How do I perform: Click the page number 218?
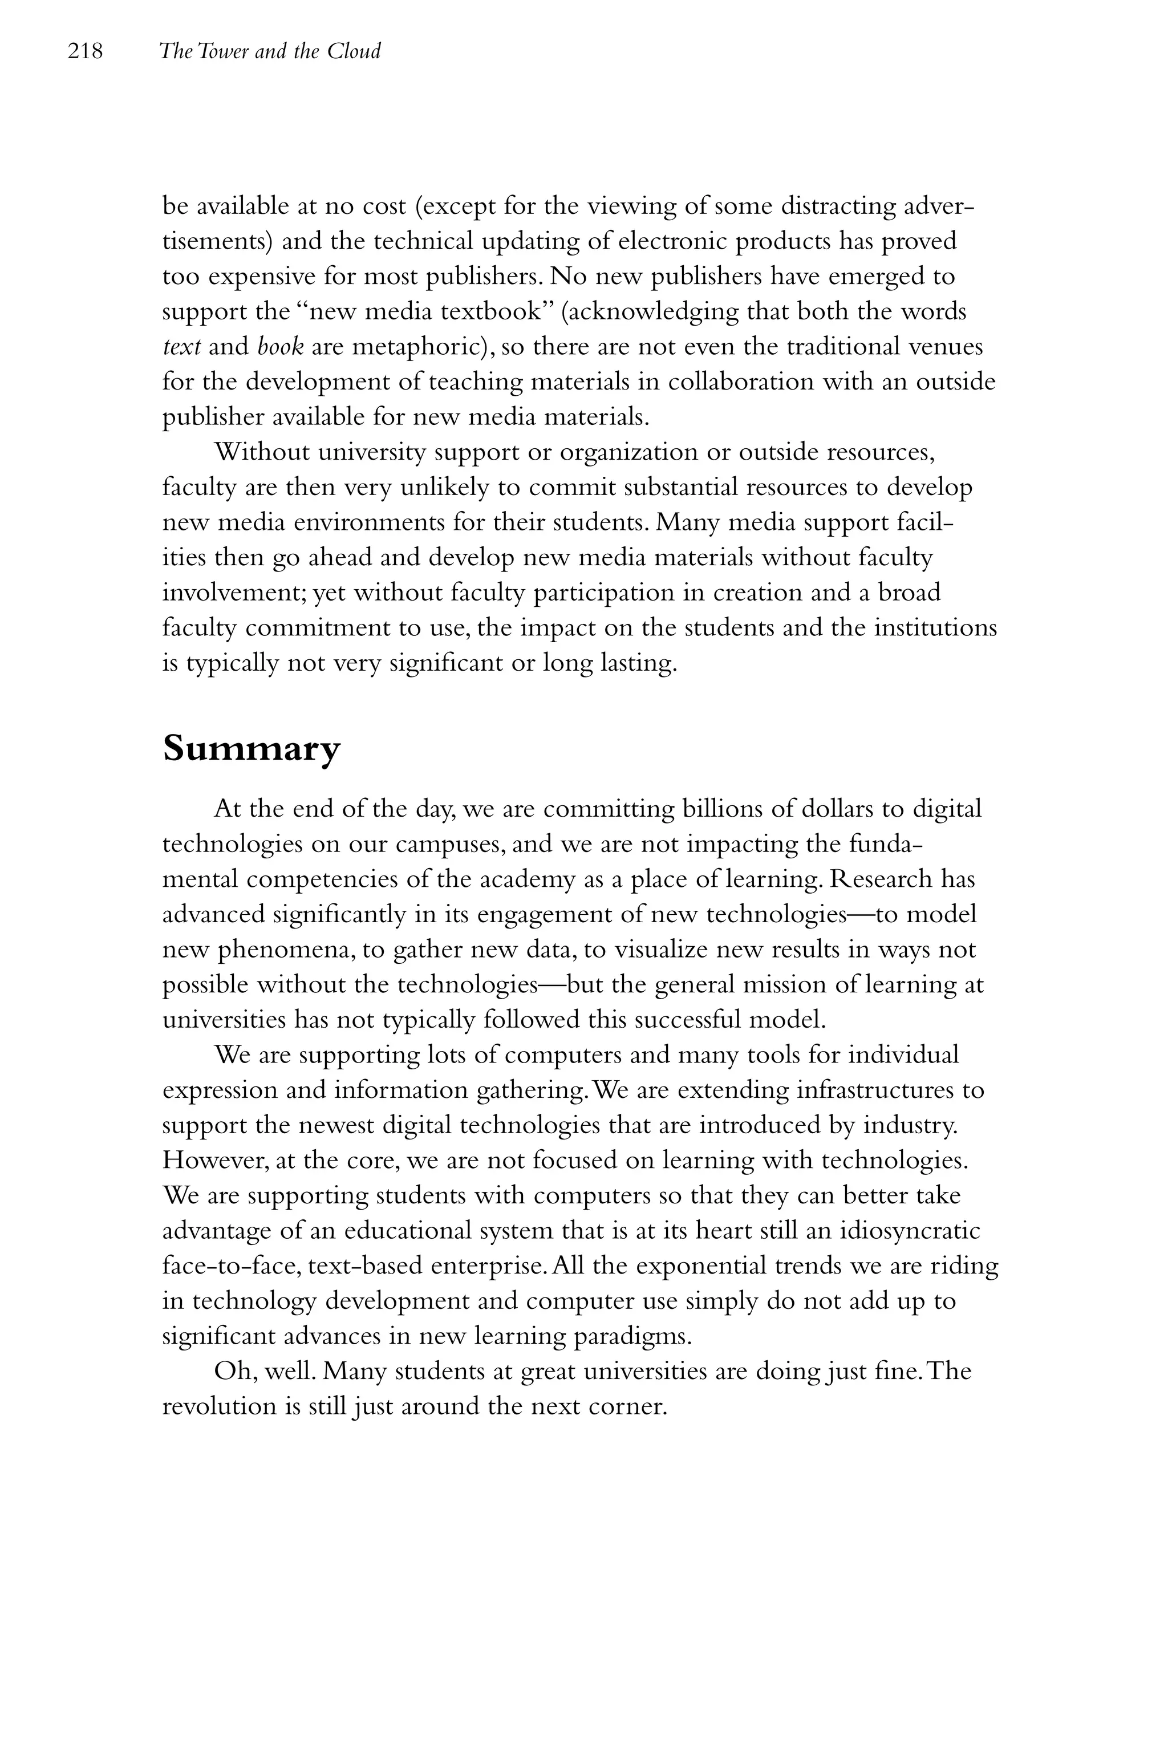click(x=85, y=51)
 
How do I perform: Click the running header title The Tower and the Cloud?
click(x=270, y=51)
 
